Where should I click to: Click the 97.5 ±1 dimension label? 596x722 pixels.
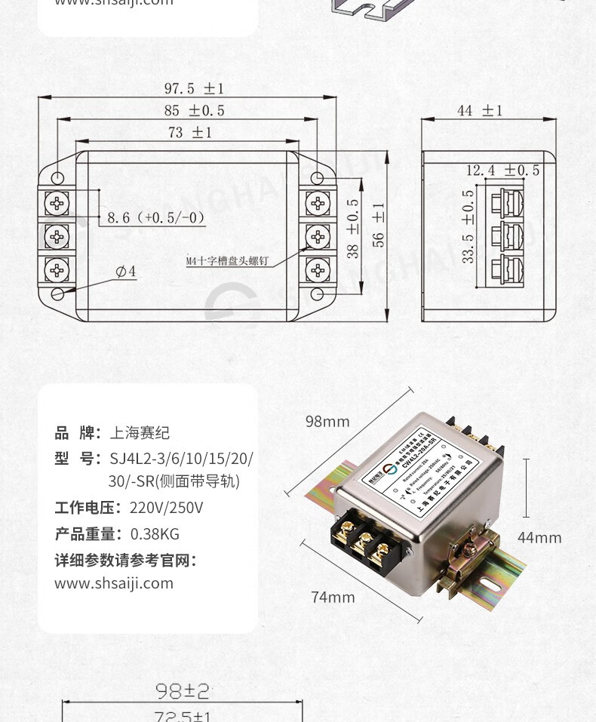pos(194,88)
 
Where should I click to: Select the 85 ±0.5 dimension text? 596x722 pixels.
pos(194,110)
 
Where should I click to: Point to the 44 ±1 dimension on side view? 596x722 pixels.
pos(479,110)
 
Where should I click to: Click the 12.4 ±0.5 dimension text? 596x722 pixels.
pos(502,170)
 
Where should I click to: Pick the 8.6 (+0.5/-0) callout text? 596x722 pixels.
pos(156,218)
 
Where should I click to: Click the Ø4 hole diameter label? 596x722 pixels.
pos(126,272)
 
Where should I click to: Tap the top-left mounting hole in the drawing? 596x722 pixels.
pos(58,177)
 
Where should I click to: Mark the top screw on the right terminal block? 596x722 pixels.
pos(318,202)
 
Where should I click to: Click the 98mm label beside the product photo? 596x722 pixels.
pos(327,421)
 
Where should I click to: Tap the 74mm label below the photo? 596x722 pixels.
pos(333,597)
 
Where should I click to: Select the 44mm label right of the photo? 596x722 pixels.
pos(539,537)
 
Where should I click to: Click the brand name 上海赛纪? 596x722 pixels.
pos(140,432)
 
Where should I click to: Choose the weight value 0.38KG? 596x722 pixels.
pos(155,534)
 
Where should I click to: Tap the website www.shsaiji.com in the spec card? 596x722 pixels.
pos(114,583)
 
